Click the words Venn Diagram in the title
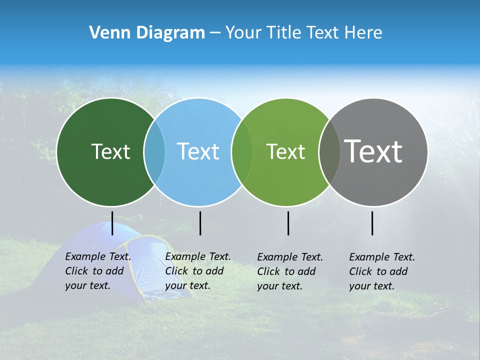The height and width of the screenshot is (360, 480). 147,33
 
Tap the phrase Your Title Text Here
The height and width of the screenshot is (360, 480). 303,33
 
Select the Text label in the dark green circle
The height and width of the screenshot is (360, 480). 110,151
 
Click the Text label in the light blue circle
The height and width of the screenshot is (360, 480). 198,151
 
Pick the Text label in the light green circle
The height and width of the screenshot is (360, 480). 285,151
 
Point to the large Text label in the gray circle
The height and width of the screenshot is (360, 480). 373,151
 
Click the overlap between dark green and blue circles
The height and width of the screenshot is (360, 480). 154,151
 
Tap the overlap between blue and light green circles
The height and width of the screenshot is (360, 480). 242,151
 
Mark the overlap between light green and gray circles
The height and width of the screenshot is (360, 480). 329,151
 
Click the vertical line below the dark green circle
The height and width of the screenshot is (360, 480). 112,223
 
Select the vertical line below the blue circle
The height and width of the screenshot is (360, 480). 200,223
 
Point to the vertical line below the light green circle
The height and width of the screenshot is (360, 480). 288,223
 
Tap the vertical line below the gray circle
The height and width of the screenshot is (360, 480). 372,223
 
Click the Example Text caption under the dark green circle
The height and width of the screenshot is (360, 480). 98,271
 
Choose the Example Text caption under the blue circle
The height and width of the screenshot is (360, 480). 198,271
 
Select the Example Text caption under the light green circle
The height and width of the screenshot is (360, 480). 290,271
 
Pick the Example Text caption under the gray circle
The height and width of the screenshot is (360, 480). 382,271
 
